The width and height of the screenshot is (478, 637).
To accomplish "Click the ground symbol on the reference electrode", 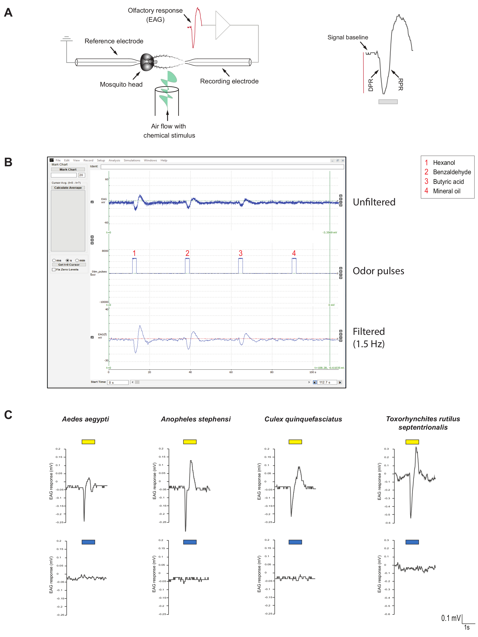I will pyautogui.click(x=67, y=39).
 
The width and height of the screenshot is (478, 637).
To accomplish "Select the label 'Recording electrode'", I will pyautogui.click(x=229, y=81).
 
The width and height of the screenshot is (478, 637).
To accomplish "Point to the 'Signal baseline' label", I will pyautogui.click(x=348, y=37).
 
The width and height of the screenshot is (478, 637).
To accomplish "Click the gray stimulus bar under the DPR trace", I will pyautogui.click(x=388, y=102).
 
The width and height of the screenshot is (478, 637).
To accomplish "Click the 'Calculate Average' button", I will pyautogui.click(x=68, y=188).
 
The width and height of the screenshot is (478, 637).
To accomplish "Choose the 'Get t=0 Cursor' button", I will pyautogui.click(x=69, y=265).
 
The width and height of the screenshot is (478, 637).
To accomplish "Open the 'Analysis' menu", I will pyautogui.click(x=114, y=160).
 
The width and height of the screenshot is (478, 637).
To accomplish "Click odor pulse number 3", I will pyautogui.click(x=240, y=266).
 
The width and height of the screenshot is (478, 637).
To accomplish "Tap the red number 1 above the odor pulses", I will pyautogui.click(x=134, y=253).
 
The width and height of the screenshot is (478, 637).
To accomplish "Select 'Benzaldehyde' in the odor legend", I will pyautogui.click(x=452, y=172).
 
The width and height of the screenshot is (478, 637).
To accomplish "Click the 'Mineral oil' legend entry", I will pyautogui.click(x=447, y=191).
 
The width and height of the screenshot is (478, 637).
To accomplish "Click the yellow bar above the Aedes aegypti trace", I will pyautogui.click(x=88, y=442).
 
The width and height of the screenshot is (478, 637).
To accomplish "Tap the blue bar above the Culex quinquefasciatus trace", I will pyautogui.click(x=295, y=542).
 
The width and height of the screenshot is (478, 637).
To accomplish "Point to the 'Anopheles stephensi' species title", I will pyautogui.click(x=196, y=419).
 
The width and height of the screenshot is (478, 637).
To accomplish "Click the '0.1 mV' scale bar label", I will pyautogui.click(x=451, y=618).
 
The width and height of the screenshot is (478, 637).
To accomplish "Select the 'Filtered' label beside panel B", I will pyautogui.click(x=369, y=331).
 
